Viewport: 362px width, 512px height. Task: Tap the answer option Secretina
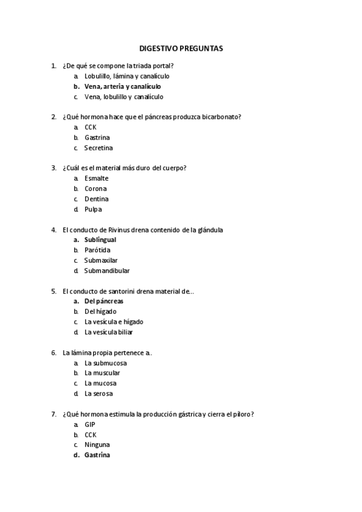coord(99,148)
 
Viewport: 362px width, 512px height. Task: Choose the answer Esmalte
coord(97,179)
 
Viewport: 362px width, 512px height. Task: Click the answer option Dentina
coord(97,199)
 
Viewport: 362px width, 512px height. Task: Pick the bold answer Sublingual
coord(100,240)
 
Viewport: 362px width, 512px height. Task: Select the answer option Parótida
coord(97,250)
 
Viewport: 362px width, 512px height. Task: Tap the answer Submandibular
coord(107,270)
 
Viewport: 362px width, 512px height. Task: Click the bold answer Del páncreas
coord(104,301)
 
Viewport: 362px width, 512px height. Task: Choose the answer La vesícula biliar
coord(109,332)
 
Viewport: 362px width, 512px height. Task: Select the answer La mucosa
coord(100,383)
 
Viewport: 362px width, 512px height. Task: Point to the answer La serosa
coord(99,394)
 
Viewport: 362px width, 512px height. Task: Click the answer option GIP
coord(90,424)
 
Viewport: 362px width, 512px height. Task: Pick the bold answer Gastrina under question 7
coord(97,455)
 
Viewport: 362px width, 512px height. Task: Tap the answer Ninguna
coord(97,445)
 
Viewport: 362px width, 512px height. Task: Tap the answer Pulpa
coord(93,210)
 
